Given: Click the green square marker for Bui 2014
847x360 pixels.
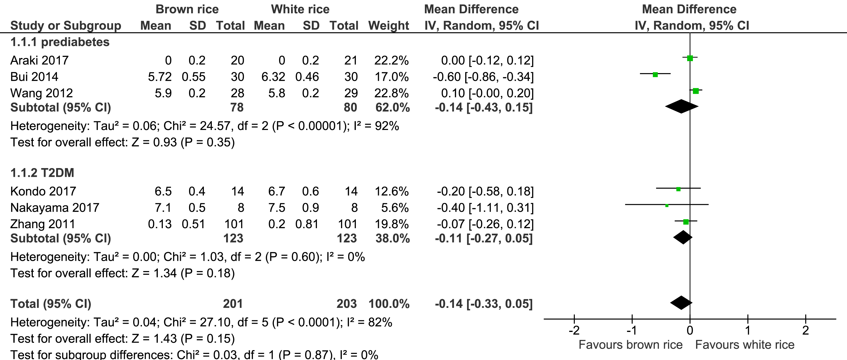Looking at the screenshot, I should [655, 75].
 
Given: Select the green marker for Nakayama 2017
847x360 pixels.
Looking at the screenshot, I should [667, 205].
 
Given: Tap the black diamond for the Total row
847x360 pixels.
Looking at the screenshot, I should [681, 303].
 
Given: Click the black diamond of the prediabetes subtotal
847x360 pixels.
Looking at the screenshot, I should [681, 106].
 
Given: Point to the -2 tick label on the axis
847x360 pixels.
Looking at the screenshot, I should [574, 330].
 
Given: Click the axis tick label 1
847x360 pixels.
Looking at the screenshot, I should [748, 330].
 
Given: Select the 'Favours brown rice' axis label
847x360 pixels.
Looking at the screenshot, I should [630, 345].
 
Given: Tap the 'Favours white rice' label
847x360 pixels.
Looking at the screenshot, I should [745, 345].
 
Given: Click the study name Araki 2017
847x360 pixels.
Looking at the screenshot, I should [39, 61].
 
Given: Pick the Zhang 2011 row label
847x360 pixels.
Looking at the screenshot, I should [43, 224].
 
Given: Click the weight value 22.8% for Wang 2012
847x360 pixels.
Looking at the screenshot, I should [391, 93].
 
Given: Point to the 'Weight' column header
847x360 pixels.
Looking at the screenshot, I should [388, 26].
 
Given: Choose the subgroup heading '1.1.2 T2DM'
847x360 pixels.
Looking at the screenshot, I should [42, 173].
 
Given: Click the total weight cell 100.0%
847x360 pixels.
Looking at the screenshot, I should [389, 304].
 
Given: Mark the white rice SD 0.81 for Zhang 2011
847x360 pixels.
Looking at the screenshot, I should [307, 224].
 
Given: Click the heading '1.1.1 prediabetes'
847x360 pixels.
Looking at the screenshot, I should [60, 42].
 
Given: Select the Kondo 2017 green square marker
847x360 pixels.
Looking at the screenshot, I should [678, 189].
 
